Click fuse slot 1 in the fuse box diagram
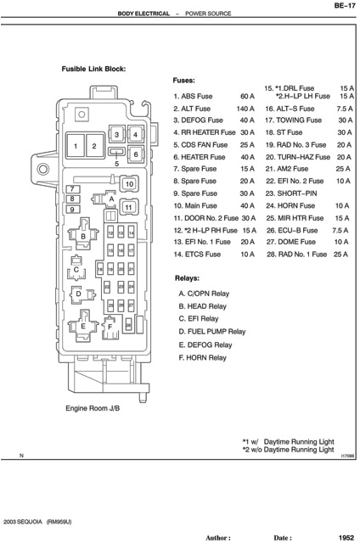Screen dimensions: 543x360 click(x=76, y=147)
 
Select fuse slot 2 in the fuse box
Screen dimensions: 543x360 click(x=94, y=147)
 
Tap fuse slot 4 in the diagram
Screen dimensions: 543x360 click(x=134, y=135)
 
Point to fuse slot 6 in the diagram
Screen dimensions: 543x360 click(x=134, y=154)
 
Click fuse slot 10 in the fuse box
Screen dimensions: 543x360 click(x=128, y=183)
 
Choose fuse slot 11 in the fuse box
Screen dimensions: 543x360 click(x=127, y=207)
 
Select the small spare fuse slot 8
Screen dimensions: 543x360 click(x=73, y=199)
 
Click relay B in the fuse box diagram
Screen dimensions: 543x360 click(x=83, y=235)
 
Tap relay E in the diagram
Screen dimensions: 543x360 click(x=83, y=326)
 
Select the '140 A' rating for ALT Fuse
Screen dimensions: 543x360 click(x=245, y=109)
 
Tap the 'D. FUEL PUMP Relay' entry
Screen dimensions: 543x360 click(x=211, y=332)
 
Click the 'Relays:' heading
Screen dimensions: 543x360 click(x=188, y=278)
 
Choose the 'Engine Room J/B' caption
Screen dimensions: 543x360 click(x=93, y=408)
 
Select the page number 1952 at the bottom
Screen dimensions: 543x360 click(x=343, y=537)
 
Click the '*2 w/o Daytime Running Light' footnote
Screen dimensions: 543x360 click(x=288, y=450)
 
